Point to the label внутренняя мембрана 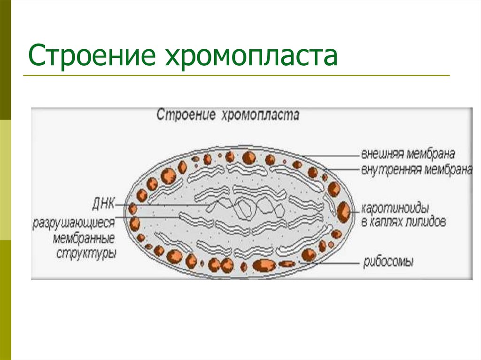pyautogui.click(x=416, y=169)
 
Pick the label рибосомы pyautogui.click(x=388, y=262)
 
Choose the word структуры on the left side pyautogui.click(x=86, y=253)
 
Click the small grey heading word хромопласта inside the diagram pyautogui.click(x=258, y=115)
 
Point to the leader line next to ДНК pyautogui.click(x=141, y=206)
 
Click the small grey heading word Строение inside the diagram pyautogui.click(x=186, y=115)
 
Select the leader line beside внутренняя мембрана pyautogui.click(x=343, y=169)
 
